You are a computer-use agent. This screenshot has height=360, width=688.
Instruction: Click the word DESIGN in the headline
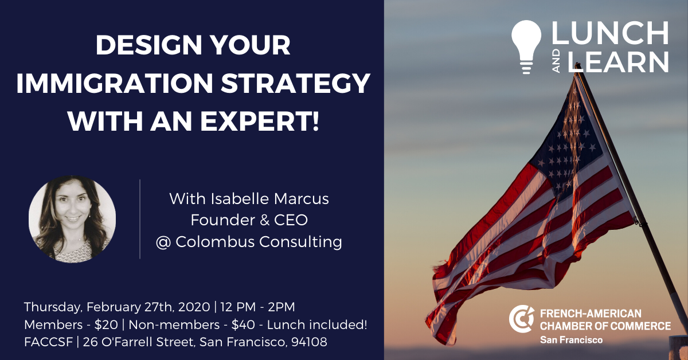[x=148, y=45]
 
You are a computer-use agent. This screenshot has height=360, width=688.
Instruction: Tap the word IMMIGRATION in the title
[x=115, y=83]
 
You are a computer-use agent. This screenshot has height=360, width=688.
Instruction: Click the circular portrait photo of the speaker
[x=72, y=219]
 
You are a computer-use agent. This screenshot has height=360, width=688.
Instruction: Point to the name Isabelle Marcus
[x=269, y=199]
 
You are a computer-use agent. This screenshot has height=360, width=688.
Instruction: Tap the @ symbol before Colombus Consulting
[x=163, y=242]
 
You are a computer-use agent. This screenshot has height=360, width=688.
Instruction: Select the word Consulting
[x=300, y=242]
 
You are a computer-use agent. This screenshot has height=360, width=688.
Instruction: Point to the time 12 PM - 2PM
[x=257, y=307]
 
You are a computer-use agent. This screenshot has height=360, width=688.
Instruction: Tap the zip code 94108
[x=309, y=342]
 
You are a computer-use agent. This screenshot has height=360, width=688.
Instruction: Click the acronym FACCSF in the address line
[x=49, y=342]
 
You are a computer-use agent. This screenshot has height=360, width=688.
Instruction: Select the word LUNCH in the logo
[x=610, y=33]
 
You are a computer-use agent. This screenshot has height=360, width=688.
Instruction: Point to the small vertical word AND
[x=556, y=61]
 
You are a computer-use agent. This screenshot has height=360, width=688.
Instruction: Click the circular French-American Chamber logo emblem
[x=521, y=319]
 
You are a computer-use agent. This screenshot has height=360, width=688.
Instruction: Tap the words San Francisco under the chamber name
[x=571, y=340]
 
